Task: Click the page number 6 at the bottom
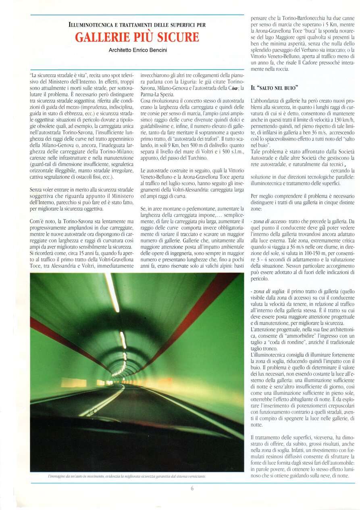[192, 488]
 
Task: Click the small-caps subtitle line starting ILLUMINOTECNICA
[137, 25]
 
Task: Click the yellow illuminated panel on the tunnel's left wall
[73, 382]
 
